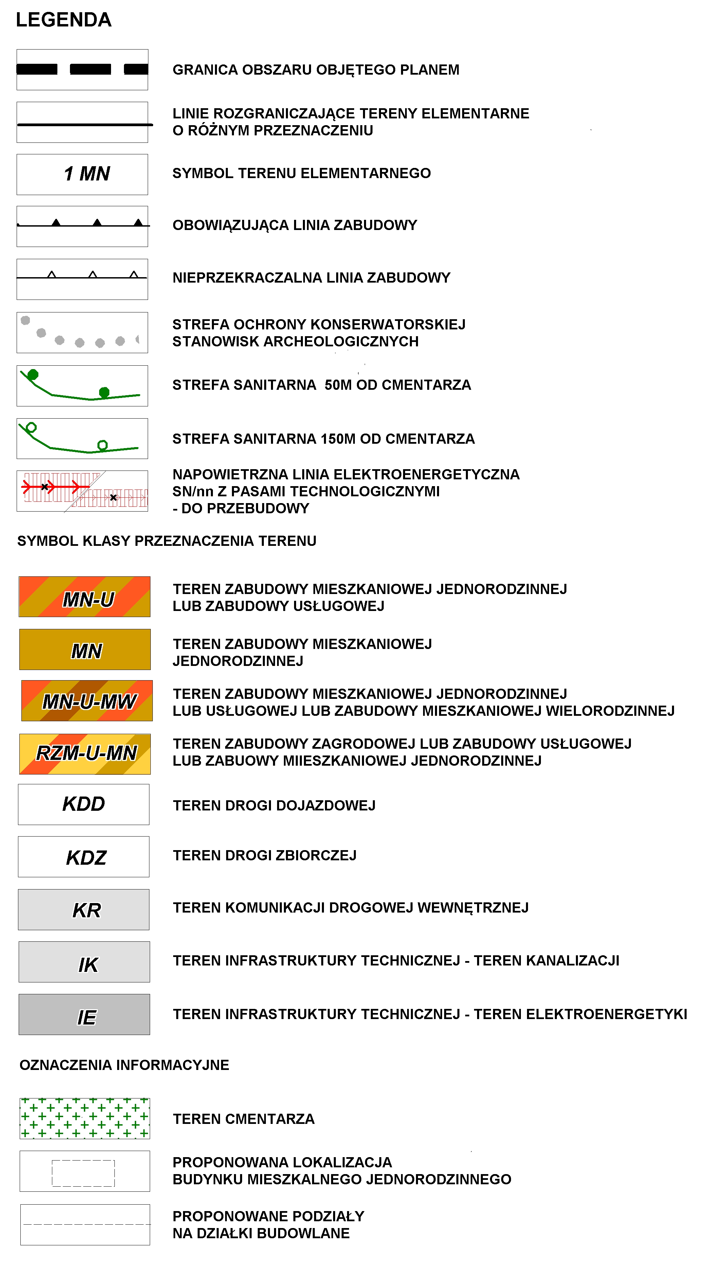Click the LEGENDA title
(64, 20)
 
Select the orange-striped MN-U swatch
(85, 597)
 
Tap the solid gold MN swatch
(85, 650)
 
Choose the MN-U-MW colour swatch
(87, 701)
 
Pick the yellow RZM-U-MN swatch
(85, 754)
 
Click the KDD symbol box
(84, 804)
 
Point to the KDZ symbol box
(84, 857)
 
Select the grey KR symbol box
(84, 910)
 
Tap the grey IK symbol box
(84, 962)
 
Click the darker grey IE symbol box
(84, 1014)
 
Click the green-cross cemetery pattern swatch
(85, 1118)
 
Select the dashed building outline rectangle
(84, 1173)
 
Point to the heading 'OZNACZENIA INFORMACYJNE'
(124, 1065)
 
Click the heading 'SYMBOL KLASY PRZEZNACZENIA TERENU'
(167, 541)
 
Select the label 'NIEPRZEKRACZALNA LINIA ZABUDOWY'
(311, 278)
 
